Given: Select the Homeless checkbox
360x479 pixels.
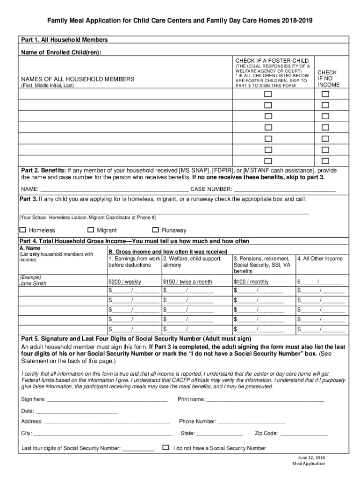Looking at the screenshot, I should pos(23,230).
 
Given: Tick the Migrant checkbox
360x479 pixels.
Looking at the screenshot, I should pos(91,230).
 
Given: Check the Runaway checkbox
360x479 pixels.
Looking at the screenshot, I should pos(156,230).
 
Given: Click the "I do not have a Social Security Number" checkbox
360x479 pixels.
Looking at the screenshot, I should pos(166,448).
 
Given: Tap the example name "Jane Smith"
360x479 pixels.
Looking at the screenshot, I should pos(33,283).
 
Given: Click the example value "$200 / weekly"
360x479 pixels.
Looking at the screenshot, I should pos(125,282).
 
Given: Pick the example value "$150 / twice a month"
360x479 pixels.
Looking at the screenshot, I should pos(187,282).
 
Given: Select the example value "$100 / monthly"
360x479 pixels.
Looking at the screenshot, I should pos(251,282).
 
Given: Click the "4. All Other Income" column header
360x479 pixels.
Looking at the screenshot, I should pos(320,259).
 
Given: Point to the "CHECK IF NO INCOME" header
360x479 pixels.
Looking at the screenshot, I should pos(327,79).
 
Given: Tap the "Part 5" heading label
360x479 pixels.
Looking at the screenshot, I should pos(31,339).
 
